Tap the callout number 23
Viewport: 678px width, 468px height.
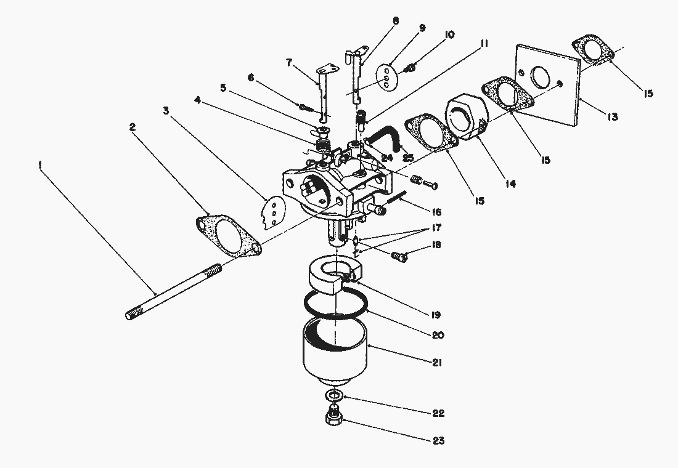(438, 441)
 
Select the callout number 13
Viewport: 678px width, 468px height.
(612, 116)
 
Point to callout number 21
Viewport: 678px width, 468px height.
(437, 363)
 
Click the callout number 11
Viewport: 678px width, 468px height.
(484, 43)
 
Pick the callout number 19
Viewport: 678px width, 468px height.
(435, 315)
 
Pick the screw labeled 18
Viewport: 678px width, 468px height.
(399, 257)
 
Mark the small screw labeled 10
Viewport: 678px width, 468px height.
(410, 67)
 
